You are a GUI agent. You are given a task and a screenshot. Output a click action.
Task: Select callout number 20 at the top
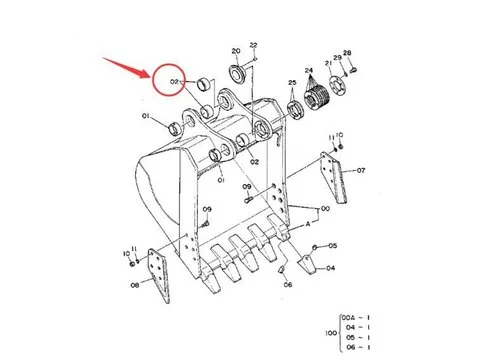[235, 50]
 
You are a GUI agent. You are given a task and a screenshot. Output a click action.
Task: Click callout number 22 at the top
[254, 45]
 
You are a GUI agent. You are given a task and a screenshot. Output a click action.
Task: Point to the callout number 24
[309, 71]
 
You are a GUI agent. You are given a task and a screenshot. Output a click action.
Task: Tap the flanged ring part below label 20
[239, 73]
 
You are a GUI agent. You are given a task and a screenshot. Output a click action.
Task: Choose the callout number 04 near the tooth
[331, 268]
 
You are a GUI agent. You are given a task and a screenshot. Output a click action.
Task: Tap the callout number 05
[332, 245]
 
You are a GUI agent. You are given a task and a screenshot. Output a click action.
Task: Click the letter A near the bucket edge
[308, 227]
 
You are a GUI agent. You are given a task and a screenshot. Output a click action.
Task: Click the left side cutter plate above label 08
[157, 274]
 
